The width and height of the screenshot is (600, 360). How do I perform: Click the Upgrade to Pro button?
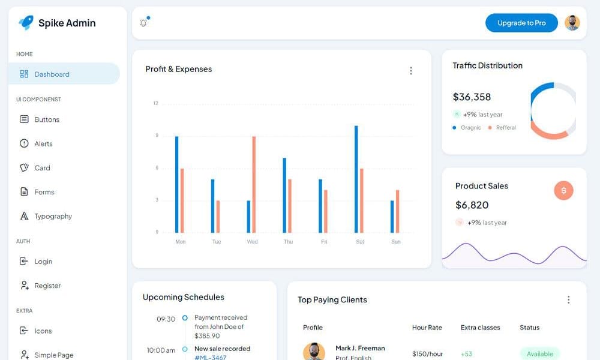tap(521, 23)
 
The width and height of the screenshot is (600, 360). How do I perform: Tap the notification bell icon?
tap(143, 23)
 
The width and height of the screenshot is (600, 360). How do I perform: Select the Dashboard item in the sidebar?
tap(52, 74)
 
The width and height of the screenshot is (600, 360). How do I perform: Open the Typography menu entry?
tap(53, 216)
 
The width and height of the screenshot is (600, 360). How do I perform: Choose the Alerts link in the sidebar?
tap(43, 144)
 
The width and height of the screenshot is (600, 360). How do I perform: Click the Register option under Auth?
tap(47, 286)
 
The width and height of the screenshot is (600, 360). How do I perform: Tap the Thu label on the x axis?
tap(288, 242)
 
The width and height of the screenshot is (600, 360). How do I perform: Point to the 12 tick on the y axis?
tap(155, 103)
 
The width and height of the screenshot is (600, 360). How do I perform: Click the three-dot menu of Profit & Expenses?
tap(411, 71)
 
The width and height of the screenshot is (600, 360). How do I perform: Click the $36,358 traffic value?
tap(472, 97)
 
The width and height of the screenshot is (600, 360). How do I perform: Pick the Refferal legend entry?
tap(505, 128)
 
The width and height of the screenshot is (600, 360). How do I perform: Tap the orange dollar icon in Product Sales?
tap(563, 191)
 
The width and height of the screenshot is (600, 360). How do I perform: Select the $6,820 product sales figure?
tap(472, 205)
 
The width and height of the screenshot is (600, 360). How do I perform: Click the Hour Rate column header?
tap(427, 328)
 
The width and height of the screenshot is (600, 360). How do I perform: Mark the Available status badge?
tap(539, 354)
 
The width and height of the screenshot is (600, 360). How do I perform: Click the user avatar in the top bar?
tap(572, 23)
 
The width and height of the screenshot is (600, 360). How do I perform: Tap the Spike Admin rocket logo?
tap(26, 23)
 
